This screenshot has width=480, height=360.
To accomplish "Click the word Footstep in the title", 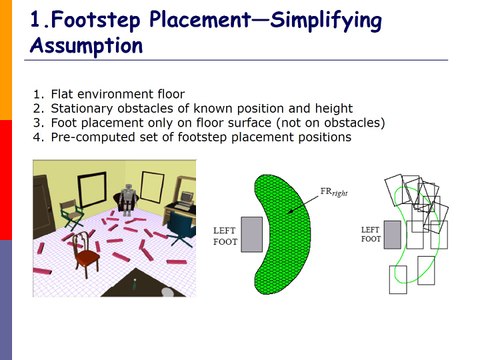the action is click(x=96, y=19).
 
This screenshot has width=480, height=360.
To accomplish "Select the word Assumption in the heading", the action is click(x=87, y=46).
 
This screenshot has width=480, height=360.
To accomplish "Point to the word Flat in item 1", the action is click(x=62, y=94).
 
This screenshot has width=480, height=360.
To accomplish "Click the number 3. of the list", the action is click(x=38, y=123).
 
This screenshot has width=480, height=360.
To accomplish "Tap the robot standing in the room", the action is click(x=127, y=200).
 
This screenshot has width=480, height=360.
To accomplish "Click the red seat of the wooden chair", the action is click(x=88, y=257).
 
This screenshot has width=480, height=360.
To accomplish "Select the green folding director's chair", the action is click(x=71, y=214).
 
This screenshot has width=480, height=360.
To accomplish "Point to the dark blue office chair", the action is click(x=180, y=227).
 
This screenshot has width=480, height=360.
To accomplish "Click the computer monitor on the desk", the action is click(x=186, y=198).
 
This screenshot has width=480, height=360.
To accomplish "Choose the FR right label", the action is click(x=334, y=192).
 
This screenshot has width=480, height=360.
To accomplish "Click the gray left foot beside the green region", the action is click(x=252, y=234).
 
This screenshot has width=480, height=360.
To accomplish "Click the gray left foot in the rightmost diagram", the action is click(x=392, y=235).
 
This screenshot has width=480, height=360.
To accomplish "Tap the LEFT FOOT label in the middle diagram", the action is click(x=225, y=236).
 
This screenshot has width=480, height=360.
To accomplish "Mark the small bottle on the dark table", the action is click(x=135, y=284).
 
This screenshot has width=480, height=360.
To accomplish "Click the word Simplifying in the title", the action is click(x=326, y=21).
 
